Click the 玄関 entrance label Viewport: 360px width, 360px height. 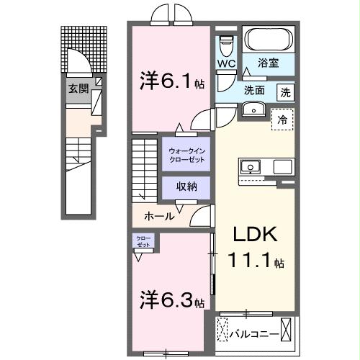(x=78, y=89)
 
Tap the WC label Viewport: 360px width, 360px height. (x=228, y=63)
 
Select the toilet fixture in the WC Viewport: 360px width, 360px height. (x=227, y=44)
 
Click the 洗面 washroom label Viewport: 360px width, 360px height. (x=254, y=91)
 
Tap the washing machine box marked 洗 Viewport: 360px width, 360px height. (x=286, y=91)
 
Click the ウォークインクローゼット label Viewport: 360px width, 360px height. (x=185, y=154)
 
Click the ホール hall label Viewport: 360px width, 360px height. (x=158, y=215)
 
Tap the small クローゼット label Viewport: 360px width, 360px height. (x=140, y=241)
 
